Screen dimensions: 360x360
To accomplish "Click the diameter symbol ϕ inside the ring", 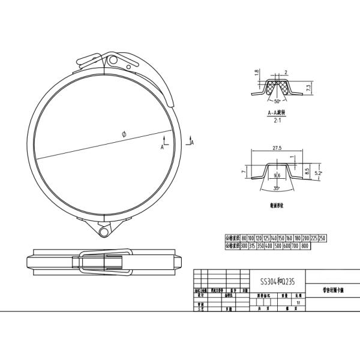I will click(123, 135).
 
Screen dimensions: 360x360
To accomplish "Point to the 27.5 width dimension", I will click(277, 147).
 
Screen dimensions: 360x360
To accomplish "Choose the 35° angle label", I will click(276, 188).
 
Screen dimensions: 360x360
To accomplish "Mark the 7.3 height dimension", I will click(308, 88).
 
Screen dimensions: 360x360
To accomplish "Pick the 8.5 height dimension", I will click(307, 170).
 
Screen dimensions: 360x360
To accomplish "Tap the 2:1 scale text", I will click(278, 121).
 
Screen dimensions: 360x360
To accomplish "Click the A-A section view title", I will click(277, 113).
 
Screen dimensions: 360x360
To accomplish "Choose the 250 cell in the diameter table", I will click(322, 238).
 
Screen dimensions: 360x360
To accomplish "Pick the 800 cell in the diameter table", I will click(305, 245).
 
